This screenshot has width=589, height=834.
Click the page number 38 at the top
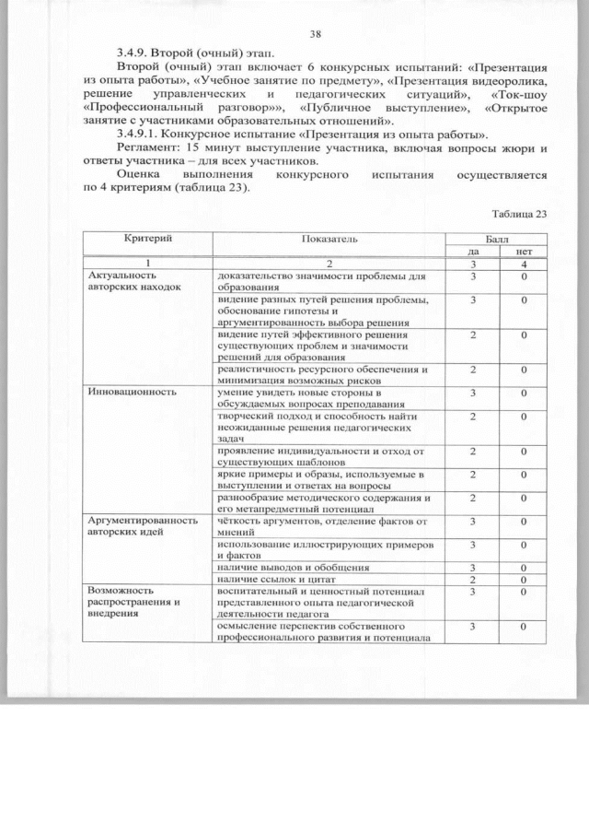[x=316, y=34]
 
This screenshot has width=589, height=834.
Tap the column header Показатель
[x=329, y=239]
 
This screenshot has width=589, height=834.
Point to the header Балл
[x=499, y=239]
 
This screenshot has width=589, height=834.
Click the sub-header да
[x=473, y=251]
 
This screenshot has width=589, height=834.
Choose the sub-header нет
[x=524, y=251]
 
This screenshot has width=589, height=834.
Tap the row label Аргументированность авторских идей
[x=143, y=525]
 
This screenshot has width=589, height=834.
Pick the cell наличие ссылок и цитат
[x=266, y=579]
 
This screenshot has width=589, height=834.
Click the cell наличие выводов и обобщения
[x=280, y=567]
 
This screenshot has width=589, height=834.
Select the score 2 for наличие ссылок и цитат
[x=473, y=580]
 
